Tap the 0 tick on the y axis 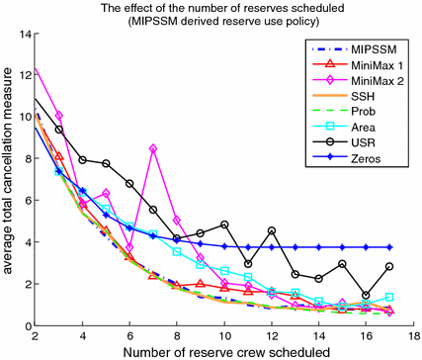tap(26, 325)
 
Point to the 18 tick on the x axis tap(412, 337)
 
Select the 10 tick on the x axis tap(223, 337)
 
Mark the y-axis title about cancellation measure tap(9, 178)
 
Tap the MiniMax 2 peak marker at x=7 tap(153, 148)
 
